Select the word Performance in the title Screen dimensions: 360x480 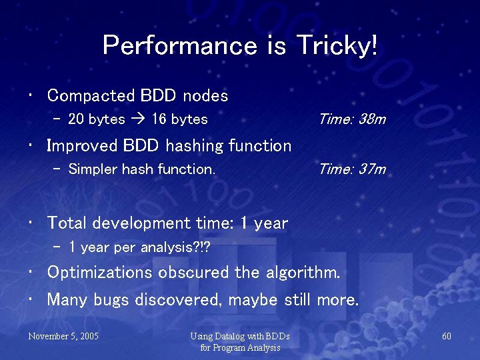179,46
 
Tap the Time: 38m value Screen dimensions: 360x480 352,119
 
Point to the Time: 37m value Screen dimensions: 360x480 352,169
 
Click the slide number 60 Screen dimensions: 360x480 447,336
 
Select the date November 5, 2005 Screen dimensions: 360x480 63,336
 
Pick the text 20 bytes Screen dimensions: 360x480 97,120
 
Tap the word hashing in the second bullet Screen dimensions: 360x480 197,146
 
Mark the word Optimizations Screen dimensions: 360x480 100,273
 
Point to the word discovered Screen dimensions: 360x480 178,300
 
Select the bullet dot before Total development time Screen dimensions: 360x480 32,222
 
